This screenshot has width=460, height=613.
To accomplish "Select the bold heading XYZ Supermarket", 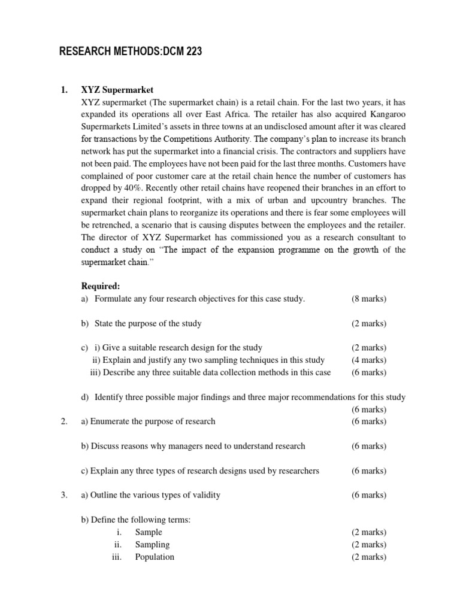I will point(117,90).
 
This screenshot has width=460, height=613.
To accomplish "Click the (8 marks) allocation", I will point(369,299).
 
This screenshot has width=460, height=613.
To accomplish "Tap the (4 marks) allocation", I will point(369,360).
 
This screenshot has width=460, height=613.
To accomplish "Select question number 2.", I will point(63,421).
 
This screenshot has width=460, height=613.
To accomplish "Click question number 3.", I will point(63,495).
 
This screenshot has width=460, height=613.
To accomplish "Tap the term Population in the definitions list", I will point(155,557).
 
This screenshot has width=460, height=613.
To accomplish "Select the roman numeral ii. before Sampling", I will point(118,545).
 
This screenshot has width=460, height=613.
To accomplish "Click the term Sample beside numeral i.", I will point(149,532).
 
